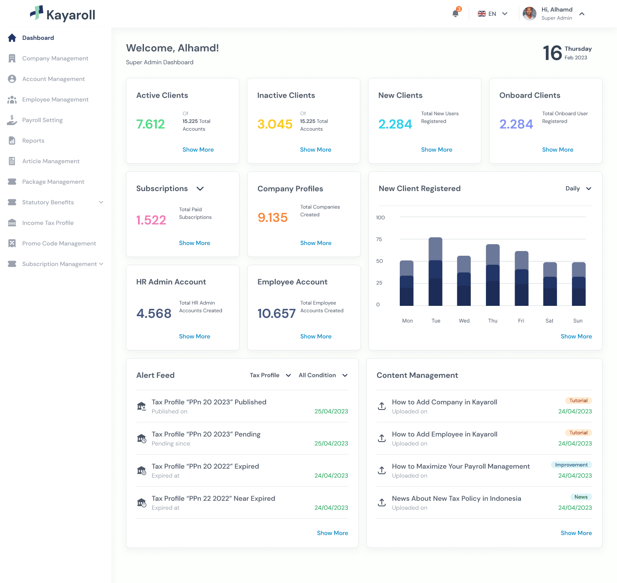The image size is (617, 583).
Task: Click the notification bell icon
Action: pos(455,13)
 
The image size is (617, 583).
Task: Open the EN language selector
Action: pos(492,14)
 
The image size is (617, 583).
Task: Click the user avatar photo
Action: pos(530,14)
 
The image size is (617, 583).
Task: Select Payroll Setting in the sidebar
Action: pos(42,120)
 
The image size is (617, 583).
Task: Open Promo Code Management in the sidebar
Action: pos(59,243)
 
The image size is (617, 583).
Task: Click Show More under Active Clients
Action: pos(198,149)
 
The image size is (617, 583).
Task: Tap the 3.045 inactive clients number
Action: pos(275,124)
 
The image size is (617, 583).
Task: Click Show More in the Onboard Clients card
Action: pos(557,149)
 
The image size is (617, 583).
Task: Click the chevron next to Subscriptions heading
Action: pos(200,188)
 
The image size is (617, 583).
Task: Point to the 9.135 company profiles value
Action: pos(273,218)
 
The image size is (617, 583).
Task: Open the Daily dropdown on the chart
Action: pos(578,188)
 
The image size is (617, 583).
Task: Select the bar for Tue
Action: pos(435,272)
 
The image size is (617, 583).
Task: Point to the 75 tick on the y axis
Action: pos(379,239)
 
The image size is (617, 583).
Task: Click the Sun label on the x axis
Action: pos(578,321)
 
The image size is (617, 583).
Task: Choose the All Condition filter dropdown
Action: pos(323,375)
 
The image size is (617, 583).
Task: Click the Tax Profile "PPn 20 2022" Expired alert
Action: pos(205,466)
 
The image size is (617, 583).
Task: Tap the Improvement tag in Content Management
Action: pos(571,465)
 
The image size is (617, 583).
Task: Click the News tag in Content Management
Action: pos(581,497)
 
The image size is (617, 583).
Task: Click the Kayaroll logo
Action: pos(63,14)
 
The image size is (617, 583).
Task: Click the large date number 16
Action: pos(552,53)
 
